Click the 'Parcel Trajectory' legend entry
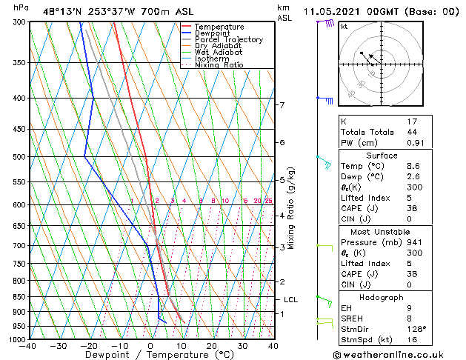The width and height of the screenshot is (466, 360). point(228,40)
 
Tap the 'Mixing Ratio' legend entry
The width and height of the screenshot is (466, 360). point(219,65)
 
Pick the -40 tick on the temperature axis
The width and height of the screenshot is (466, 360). point(29,346)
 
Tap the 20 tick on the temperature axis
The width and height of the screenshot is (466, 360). point(212,346)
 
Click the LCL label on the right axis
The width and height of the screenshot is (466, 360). point(291,300)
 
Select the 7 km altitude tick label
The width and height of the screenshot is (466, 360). point(282,105)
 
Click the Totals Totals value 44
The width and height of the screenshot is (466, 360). point(413,132)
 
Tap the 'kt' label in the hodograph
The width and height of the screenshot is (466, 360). point(344,27)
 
